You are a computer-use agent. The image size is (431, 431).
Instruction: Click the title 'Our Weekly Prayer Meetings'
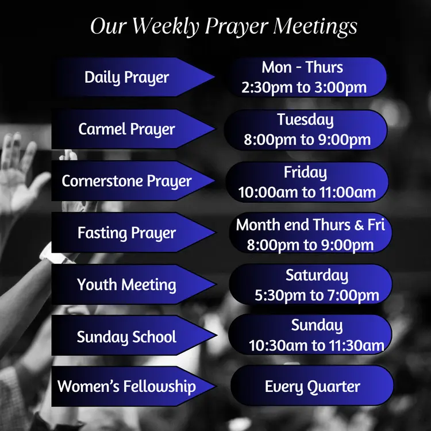click(224, 27)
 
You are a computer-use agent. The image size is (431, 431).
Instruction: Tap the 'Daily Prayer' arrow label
click(127, 77)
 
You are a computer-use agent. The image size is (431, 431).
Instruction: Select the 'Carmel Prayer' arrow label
click(127, 129)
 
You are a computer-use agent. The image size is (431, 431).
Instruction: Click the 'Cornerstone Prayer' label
click(127, 181)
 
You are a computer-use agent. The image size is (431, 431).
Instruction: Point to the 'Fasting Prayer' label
click(127, 233)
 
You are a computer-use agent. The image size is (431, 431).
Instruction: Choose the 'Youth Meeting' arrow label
click(127, 284)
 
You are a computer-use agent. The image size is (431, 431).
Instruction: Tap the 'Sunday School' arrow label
click(127, 336)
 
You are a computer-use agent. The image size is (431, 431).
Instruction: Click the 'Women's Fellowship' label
click(127, 386)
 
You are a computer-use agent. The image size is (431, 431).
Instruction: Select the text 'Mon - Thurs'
click(302, 67)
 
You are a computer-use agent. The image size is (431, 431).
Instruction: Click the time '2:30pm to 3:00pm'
click(304, 88)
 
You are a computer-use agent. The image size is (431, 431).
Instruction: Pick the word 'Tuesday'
click(305, 120)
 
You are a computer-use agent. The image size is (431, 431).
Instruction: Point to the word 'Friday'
click(305, 172)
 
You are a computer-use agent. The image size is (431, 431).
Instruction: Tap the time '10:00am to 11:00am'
click(307, 193)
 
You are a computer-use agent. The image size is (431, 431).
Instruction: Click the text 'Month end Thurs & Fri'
click(310, 225)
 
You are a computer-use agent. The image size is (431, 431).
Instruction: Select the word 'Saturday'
click(317, 275)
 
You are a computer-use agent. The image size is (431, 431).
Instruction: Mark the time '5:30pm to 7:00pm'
click(317, 296)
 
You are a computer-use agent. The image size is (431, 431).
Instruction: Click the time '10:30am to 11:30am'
click(316, 346)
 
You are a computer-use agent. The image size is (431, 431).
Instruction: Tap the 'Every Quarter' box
click(312, 386)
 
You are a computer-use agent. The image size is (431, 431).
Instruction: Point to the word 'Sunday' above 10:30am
click(317, 325)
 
